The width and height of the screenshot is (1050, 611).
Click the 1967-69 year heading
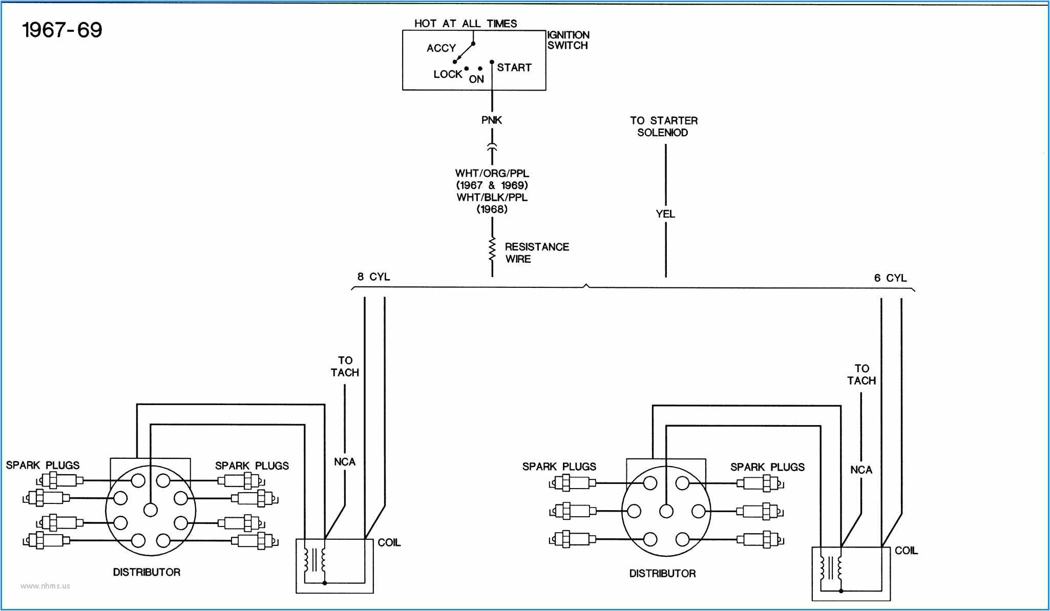click(x=62, y=30)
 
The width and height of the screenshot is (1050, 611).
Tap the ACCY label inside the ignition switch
click(x=441, y=48)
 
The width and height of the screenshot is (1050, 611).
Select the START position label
click(x=514, y=68)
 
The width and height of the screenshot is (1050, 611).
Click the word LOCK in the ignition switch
click(x=448, y=74)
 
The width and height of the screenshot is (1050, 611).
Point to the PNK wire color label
click(x=492, y=120)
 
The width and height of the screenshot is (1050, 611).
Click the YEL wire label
click(x=665, y=214)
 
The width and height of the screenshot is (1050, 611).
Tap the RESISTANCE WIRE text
click(x=536, y=253)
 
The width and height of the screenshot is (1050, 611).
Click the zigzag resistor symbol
click(x=492, y=250)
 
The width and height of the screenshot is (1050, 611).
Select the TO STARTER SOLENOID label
click(x=663, y=127)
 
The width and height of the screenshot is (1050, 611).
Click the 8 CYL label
click(x=373, y=277)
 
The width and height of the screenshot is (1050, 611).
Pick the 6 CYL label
click(x=890, y=278)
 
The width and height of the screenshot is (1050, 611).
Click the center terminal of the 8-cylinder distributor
click(x=151, y=510)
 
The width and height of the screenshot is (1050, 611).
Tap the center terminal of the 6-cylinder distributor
click(x=666, y=511)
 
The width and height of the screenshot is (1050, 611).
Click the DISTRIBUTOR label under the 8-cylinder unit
click(x=146, y=572)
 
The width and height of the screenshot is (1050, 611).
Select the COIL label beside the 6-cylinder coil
click(x=906, y=551)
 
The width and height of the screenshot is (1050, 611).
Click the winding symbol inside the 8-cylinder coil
click(x=314, y=561)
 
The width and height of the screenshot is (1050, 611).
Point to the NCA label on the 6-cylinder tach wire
click(x=861, y=470)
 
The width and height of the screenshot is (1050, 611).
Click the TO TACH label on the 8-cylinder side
click(x=345, y=367)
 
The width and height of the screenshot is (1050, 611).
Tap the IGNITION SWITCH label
click(x=568, y=40)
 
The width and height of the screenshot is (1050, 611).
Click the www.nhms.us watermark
click(x=45, y=586)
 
